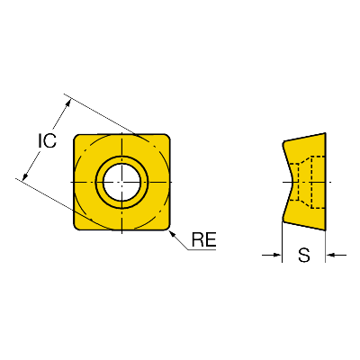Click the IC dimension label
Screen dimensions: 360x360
coord(47,140)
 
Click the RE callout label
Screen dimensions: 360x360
coord(204,239)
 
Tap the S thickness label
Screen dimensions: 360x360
coord(304,256)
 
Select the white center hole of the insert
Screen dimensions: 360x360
coord(121,182)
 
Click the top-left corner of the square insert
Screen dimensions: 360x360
coord(75,135)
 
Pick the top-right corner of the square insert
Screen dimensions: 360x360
coord(169,135)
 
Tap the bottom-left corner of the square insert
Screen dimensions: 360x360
coord(75,229)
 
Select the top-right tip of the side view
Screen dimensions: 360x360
coord(326,133)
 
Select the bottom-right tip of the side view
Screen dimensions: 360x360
coord(326,230)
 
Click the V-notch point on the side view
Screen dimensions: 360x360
coord(293,182)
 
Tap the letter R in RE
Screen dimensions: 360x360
coord(198,239)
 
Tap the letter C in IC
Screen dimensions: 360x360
coord(50,140)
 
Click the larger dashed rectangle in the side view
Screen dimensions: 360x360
coord(319,182)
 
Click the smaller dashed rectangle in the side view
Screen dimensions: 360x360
coord(294,182)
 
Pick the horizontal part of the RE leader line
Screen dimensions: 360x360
coord(202,249)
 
